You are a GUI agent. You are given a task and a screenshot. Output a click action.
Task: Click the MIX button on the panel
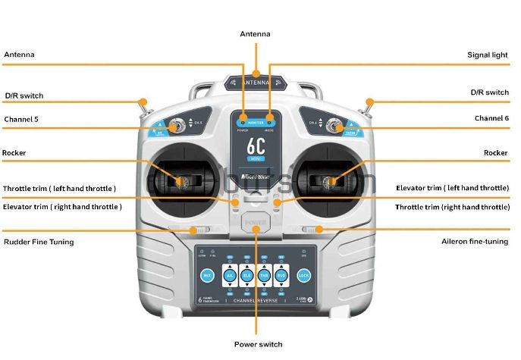point(207,276)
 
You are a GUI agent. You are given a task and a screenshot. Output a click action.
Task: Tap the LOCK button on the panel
point(304,276)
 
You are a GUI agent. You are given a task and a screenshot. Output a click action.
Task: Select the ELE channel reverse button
point(246,275)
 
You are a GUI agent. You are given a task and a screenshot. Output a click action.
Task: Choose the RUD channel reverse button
point(282,275)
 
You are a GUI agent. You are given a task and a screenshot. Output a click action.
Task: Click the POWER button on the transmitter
point(256,225)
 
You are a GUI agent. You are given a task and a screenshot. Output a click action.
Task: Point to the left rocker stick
point(180,181)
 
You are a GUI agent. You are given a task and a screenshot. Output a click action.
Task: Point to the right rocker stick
point(331,181)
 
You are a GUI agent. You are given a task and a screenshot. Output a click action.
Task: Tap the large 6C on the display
point(256,146)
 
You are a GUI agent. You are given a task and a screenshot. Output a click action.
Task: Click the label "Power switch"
point(258,344)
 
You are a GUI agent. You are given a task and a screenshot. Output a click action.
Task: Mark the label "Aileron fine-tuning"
point(475,242)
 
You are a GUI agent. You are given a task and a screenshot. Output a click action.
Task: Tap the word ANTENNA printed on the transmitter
point(256,82)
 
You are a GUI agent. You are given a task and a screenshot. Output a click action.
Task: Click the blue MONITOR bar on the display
point(256,121)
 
